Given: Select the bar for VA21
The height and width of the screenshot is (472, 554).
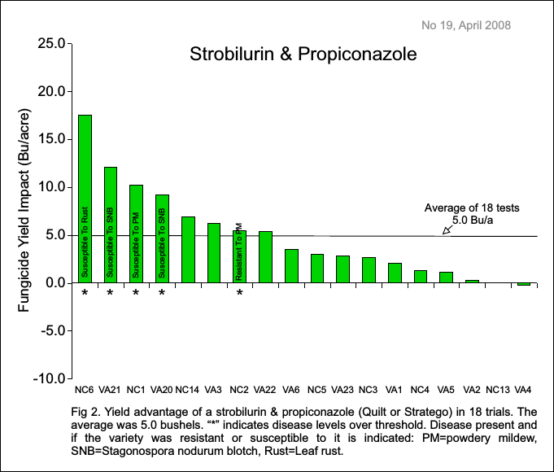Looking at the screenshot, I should (111, 225).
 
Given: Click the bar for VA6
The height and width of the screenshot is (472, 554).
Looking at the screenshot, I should (291, 266).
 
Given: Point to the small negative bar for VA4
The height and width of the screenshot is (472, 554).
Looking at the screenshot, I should (524, 284).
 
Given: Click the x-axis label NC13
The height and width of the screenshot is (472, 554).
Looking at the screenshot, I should (498, 389).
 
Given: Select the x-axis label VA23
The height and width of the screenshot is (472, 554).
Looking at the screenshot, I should (342, 389).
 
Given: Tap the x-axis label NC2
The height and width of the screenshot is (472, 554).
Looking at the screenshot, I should (239, 389).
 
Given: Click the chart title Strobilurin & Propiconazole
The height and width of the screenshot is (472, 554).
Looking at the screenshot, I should (303, 55).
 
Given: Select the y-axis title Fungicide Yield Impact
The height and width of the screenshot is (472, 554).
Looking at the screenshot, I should (25, 211).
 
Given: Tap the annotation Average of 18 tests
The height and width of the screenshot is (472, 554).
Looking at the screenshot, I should (472, 208).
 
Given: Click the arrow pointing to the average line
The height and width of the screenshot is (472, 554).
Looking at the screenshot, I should (447, 230).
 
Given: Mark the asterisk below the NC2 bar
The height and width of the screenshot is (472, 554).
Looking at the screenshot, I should (239, 293).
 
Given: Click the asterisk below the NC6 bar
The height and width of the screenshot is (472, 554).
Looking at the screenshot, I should (85, 293).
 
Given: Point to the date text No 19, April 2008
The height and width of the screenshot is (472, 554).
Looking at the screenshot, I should (466, 25).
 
